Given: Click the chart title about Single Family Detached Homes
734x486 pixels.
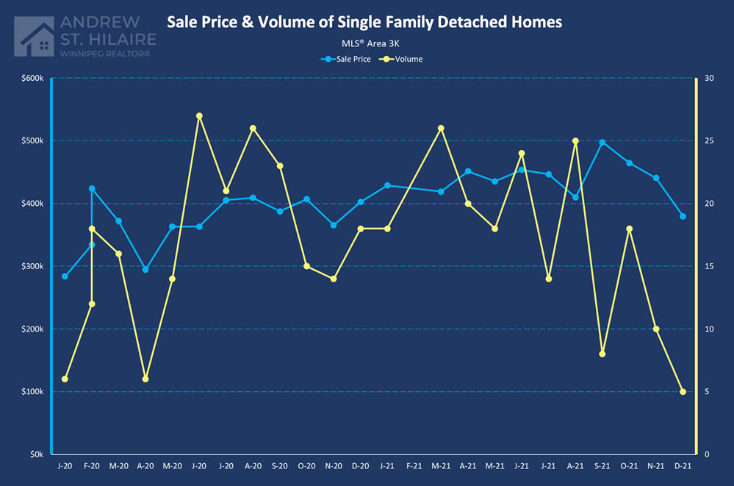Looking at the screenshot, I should click(364, 22).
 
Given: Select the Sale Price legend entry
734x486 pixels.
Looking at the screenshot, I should click(348, 59).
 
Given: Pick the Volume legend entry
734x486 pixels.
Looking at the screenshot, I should click(403, 59).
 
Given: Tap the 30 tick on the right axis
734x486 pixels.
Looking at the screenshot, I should click(708, 78).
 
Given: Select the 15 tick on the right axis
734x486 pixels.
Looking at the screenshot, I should click(708, 266).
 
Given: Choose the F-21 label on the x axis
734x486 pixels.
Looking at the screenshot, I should click(414, 466).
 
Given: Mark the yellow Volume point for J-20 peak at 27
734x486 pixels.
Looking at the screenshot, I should click(199, 115).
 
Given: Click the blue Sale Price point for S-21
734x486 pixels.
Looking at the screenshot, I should click(602, 142).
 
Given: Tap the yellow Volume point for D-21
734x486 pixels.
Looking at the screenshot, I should click(683, 392).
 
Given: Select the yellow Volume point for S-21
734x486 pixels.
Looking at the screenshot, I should click(602, 354).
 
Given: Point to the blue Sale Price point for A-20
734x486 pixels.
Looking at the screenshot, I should click(145, 270).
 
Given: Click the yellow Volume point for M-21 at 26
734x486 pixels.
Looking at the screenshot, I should click(441, 128).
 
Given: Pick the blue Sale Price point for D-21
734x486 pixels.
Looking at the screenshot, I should click(683, 216).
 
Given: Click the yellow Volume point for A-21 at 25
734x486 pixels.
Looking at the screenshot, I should click(575, 140).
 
